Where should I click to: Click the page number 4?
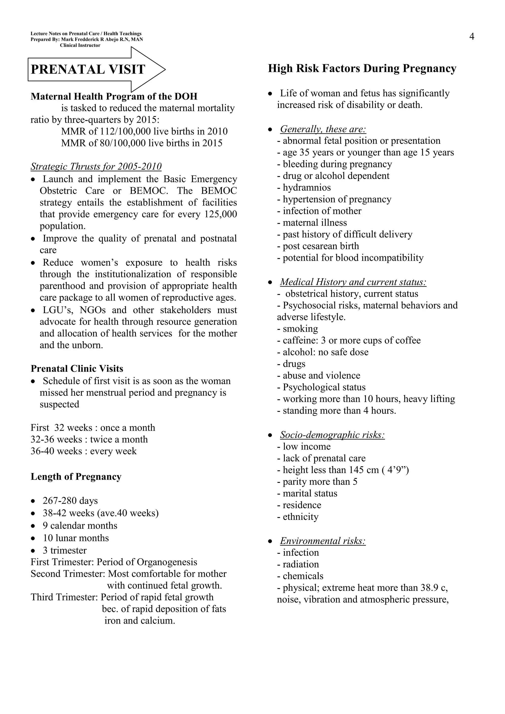[x=472, y=37]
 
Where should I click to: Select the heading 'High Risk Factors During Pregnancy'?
[x=362, y=68]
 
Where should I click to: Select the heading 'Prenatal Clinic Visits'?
[x=77, y=369]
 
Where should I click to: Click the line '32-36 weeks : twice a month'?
[x=89, y=439]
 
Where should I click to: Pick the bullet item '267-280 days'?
[x=70, y=501]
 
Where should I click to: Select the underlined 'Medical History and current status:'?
[x=353, y=282]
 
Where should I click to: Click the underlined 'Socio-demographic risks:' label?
[x=332, y=435]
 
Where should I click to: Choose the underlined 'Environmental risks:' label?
[x=323, y=541]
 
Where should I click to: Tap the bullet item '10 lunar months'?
[x=76, y=538]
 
